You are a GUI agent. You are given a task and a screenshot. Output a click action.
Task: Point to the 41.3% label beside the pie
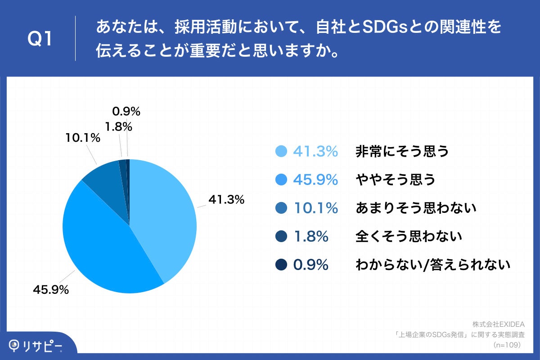click(226, 199)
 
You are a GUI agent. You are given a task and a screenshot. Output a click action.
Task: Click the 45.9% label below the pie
click(50, 290)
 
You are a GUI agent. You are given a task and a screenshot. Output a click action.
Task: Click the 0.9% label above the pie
click(126, 111)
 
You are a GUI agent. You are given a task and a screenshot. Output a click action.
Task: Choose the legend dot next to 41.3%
click(281, 152)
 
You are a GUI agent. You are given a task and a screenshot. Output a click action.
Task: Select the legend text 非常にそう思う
click(402, 152)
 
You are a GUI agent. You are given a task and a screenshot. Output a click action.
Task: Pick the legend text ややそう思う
click(396, 180)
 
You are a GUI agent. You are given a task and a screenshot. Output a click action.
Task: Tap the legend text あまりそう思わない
click(416, 208)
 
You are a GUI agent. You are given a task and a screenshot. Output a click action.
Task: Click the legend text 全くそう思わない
click(409, 236)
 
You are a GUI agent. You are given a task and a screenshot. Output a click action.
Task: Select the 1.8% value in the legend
click(310, 236)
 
